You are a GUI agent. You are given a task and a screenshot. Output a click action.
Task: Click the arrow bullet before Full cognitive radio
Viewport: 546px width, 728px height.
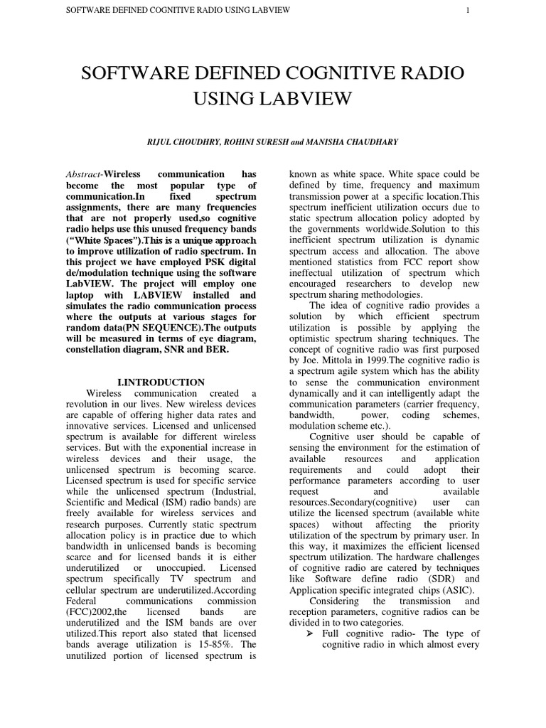pos(312,633)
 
